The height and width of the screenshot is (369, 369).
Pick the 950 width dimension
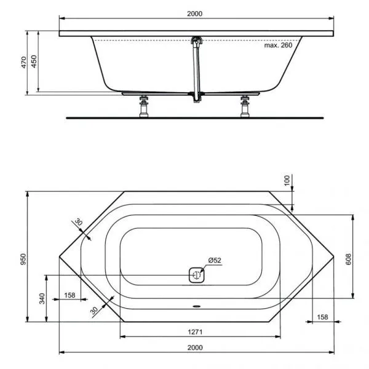tap(23, 258)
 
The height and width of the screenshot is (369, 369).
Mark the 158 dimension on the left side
tap(69, 295)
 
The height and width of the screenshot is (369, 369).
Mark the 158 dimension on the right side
tap(322, 317)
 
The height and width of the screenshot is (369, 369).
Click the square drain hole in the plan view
tap(196, 275)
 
